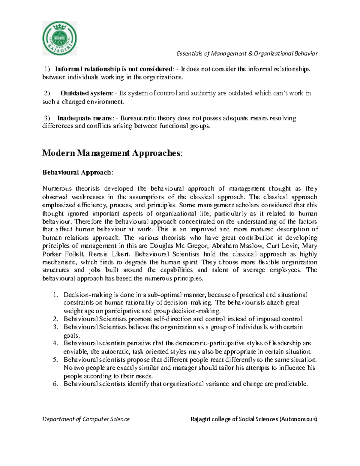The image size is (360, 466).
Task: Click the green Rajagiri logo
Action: point(59,38)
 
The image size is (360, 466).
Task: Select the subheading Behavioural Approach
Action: point(78,173)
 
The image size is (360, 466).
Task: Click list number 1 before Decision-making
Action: point(55,295)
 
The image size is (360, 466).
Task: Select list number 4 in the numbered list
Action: point(55,343)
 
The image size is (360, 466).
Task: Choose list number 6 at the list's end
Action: point(55,384)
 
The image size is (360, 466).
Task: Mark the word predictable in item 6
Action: point(289,384)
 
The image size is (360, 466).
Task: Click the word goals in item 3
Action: point(71,335)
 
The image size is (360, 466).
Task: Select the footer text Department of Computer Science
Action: point(86,419)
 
